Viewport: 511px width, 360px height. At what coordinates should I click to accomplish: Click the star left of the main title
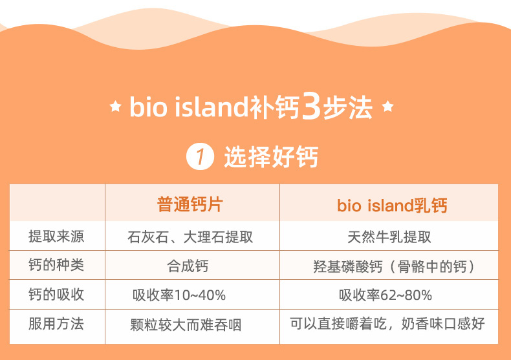click(x=115, y=106)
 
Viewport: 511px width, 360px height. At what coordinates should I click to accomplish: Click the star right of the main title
click(x=387, y=106)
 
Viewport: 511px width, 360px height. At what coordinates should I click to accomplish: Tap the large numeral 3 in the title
click(x=311, y=106)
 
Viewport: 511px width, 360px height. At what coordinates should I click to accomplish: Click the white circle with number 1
click(x=200, y=156)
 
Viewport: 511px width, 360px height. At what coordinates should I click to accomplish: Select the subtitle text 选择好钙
click(x=271, y=156)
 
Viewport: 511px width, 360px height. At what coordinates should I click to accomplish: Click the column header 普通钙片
click(x=190, y=204)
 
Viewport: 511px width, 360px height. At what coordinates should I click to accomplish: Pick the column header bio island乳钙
click(x=392, y=206)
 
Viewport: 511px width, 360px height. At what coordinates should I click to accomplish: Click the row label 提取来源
click(x=56, y=237)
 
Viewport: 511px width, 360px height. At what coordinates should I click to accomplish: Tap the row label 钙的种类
click(x=56, y=264)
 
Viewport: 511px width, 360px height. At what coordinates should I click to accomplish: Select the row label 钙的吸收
click(x=56, y=294)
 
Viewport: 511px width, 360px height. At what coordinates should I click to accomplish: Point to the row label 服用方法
click(x=56, y=324)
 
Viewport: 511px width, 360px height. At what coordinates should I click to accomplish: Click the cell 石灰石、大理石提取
click(x=190, y=237)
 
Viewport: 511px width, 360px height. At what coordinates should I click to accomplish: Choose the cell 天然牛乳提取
click(x=389, y=237)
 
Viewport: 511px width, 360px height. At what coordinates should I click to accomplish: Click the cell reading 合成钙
click(x=188, y=266)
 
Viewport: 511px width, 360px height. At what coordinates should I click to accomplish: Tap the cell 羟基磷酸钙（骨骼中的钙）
click(x=394, y=266)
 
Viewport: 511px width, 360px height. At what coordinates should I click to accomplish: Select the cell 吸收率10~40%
click(x=179, y=295)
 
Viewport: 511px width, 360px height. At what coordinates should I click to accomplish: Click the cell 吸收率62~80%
click(x=386, y=295)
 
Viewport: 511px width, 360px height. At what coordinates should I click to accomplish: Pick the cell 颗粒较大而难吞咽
click(x=186, y=325)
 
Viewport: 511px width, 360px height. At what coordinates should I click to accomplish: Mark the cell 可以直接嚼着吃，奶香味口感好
click(x=387, y=324)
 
